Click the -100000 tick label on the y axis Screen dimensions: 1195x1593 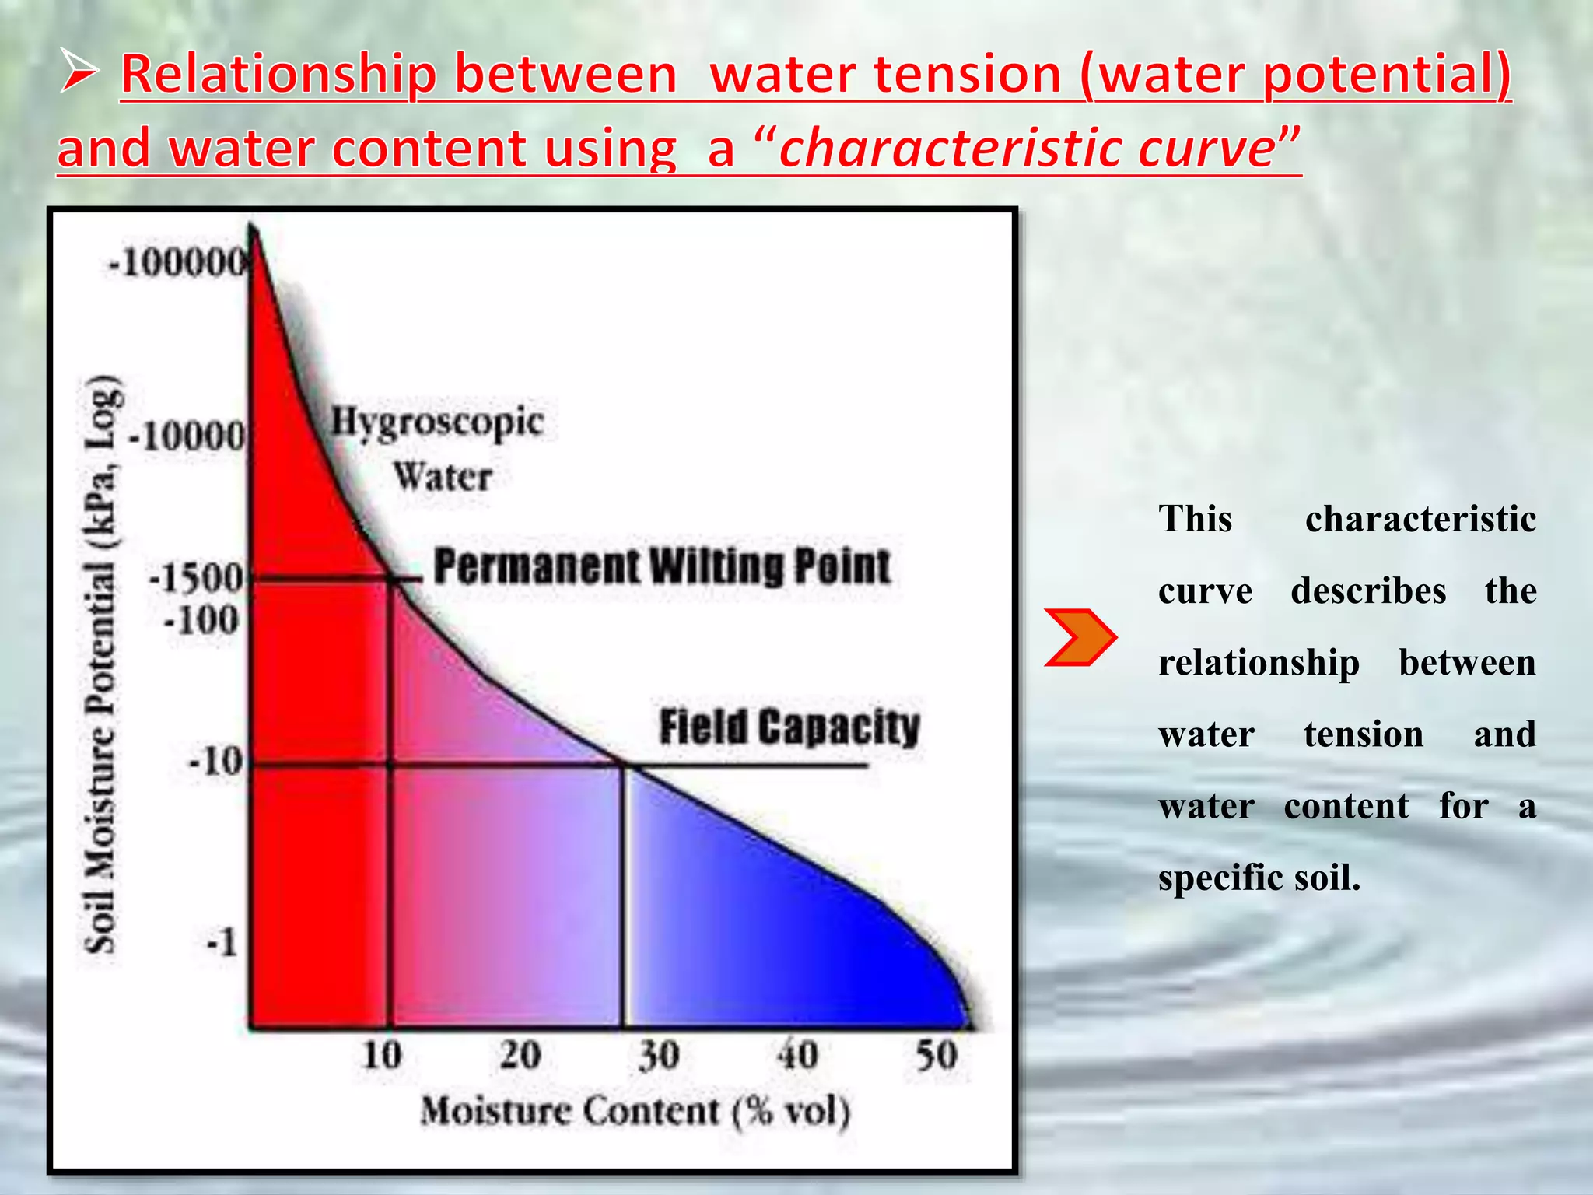coord(177,262)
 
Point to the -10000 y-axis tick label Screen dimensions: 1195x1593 coord(187,436)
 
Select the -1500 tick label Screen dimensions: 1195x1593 coord(196,578)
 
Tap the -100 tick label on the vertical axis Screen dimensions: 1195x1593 coord(201,621)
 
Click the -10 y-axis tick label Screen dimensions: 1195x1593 coord(216,761)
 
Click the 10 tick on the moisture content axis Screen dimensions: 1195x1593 coord(382,1056)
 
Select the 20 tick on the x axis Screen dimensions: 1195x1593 coord(520,1056)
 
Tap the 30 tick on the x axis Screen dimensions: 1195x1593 coord(659,1056)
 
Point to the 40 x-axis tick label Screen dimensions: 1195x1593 coord(797,1056)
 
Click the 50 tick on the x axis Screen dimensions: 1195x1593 coord(937,1056)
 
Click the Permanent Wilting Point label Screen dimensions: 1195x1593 coord(662,566)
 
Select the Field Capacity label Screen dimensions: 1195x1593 coord(789,727)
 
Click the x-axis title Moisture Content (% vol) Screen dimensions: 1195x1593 coord(635,1111)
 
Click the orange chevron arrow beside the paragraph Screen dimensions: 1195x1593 coord(1079,637)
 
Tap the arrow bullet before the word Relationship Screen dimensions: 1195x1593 coord(79,74)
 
